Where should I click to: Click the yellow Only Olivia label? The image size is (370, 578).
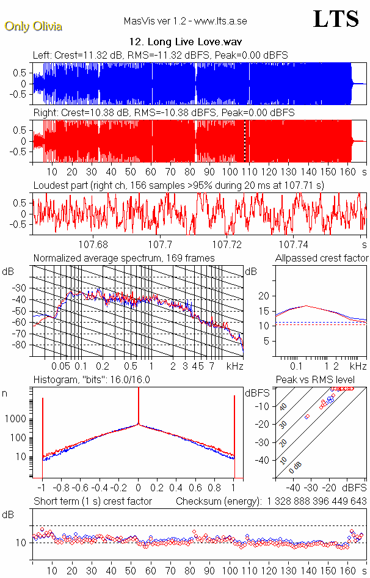[x=33, y=26]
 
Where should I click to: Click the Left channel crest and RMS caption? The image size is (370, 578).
[x=161, y=56]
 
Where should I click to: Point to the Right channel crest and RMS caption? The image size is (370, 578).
[x=164, y=113]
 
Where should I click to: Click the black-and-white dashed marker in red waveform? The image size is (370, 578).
[x=244, y=141]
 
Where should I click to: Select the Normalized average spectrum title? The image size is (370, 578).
[x=124, y=258]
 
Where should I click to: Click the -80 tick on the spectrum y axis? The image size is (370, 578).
[x=21, y=345]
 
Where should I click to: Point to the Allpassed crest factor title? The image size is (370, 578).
[x=322, y=258]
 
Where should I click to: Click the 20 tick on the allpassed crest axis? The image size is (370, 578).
[x=264, y=296]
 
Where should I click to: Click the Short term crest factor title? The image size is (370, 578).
[x=92, y=502]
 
